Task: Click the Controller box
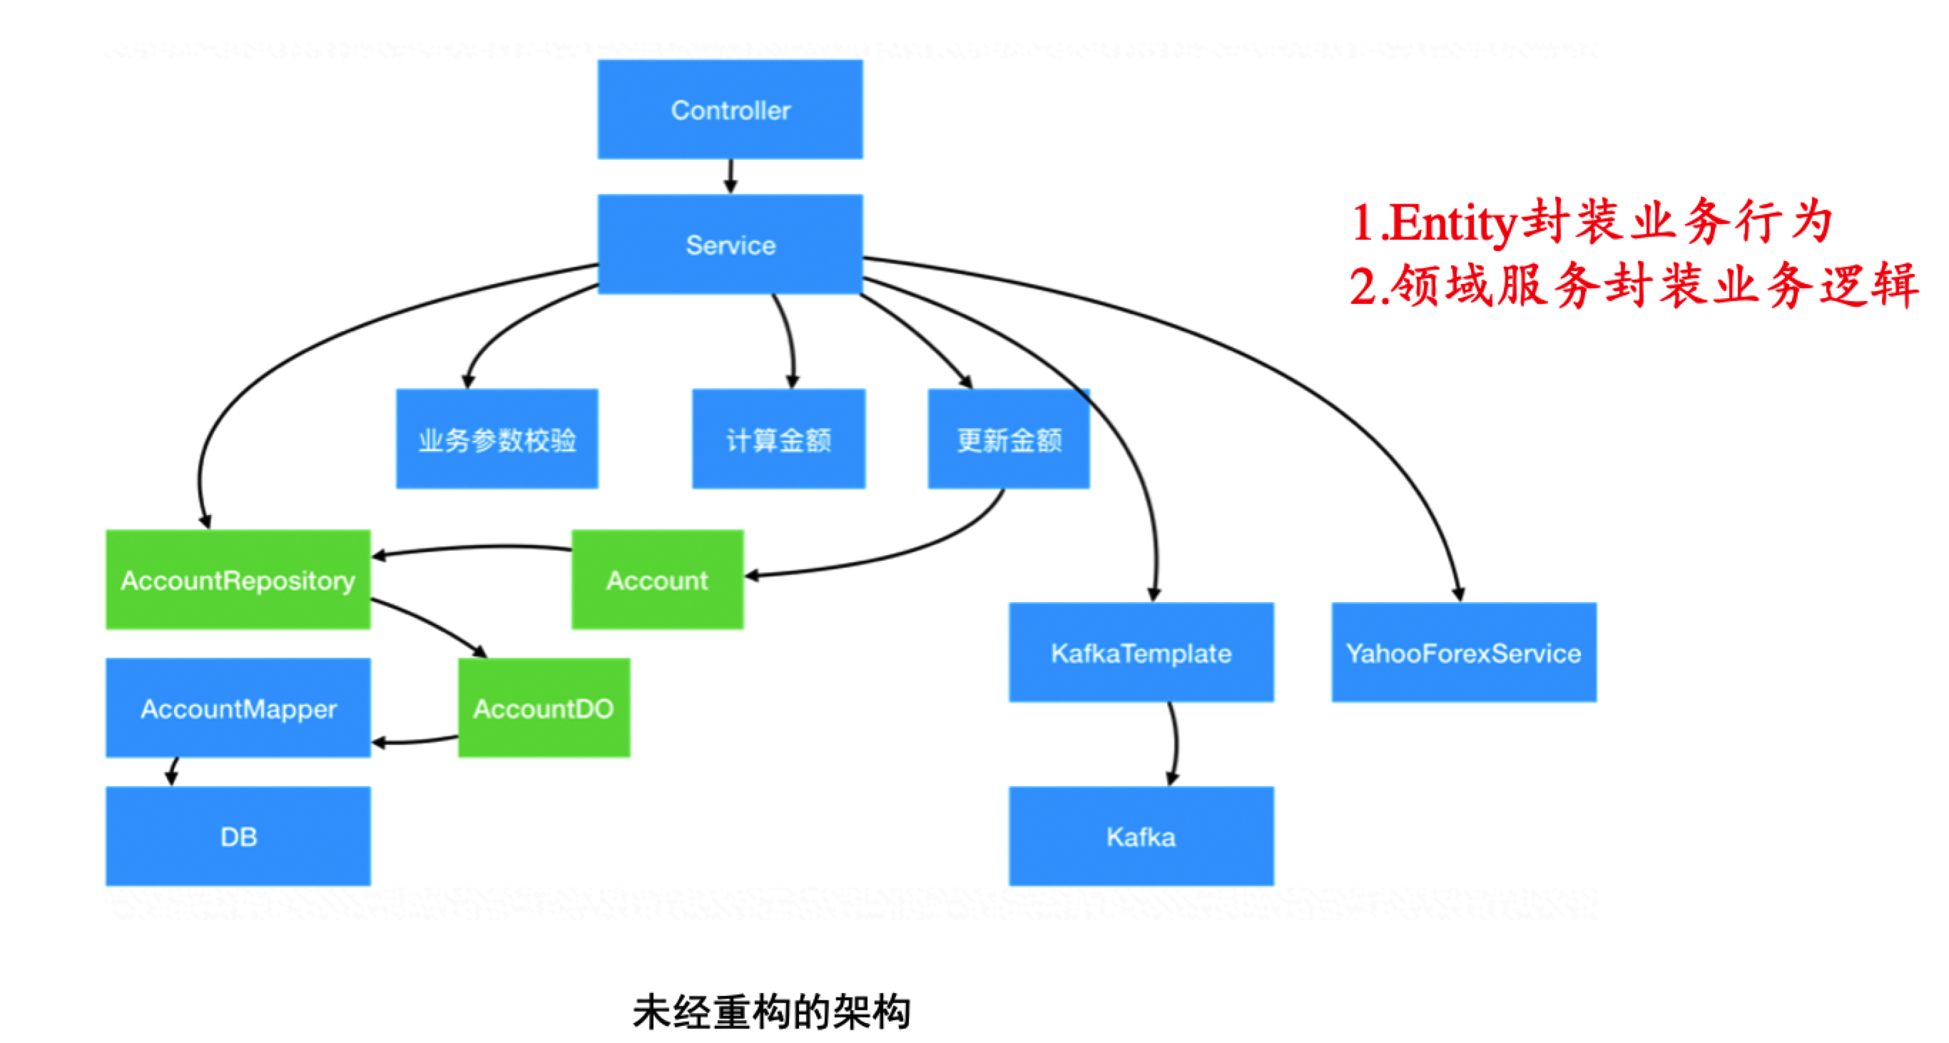[x=730, y=110]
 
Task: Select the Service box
[x=730, y=244]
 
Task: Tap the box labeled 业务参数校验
[x=497, y=439]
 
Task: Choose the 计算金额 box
[x=778, y=439]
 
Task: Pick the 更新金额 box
[x=1009, y=439]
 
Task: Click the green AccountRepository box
[x=238, y=579]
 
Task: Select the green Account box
[x=657, y=579]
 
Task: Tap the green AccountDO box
[x=543, y=708]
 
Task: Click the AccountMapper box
[x=238, y=708]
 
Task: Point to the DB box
[x=238, y=836]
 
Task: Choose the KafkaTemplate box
[x=1141, y=652]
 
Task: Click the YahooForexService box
[x=1463, y=652]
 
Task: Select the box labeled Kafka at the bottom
[x=1141, y=836]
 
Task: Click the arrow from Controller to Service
[x=730, y=176]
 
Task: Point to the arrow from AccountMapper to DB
[x=173, y=771]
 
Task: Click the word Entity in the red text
[x=1452, y=223]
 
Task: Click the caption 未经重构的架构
[x=772, y=1012]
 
